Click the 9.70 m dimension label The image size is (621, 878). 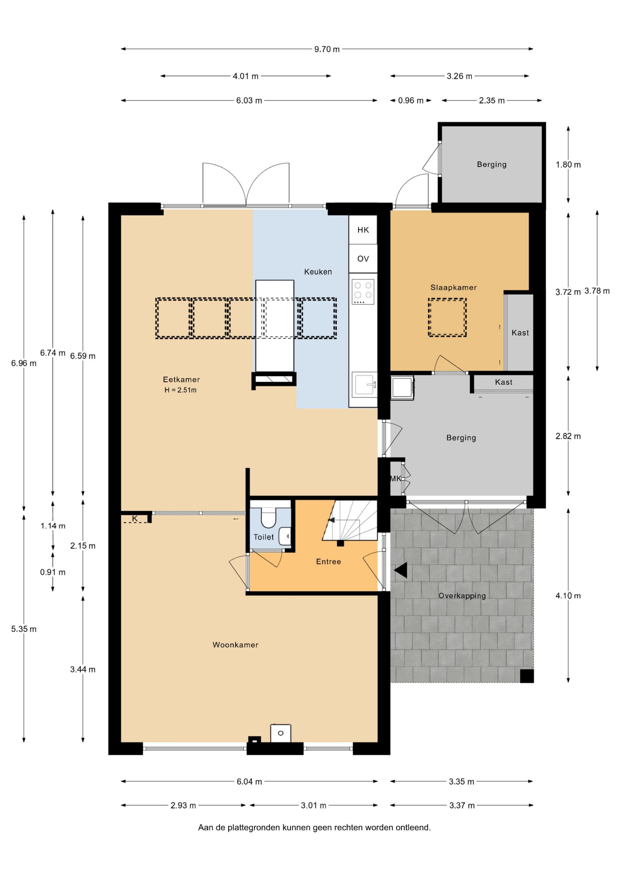pos(327,49)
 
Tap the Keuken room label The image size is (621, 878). pos(318,272)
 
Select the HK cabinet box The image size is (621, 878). pos(363,230)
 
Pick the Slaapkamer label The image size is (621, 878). pos(454,288)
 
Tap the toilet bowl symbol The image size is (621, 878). pos(268,518)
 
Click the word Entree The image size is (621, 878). pos(328,562)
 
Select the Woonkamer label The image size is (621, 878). pos(235,645)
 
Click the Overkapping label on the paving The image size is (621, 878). pos(462,596)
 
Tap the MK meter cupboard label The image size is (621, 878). pos(396,479)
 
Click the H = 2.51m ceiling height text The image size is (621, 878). pos(181,390)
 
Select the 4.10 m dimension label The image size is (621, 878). pos(568,596)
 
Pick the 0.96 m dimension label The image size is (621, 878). pos(410,101)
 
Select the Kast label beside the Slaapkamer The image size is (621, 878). pos(520,333)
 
